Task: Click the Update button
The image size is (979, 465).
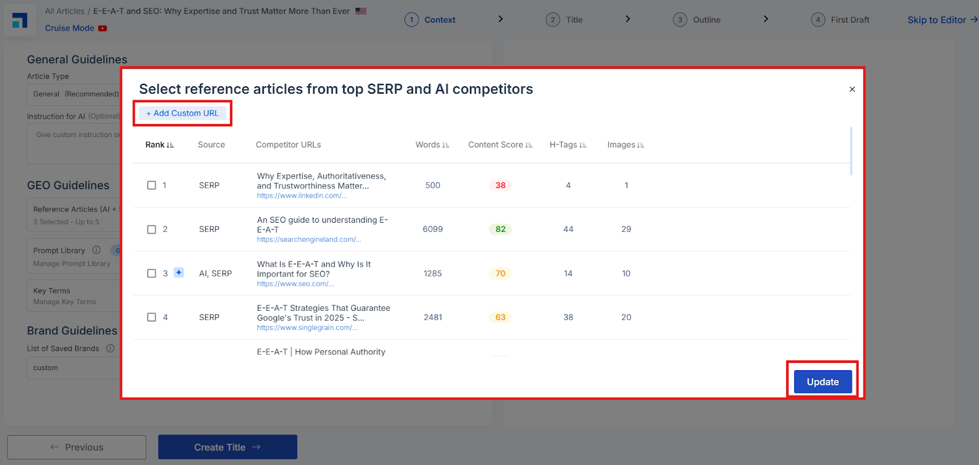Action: (822, 382)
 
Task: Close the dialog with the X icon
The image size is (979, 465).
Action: (852, 89)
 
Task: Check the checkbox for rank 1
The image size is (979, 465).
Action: (152, 185)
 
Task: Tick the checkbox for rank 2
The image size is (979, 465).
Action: (152, 229)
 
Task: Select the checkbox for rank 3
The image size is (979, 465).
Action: (152, 273)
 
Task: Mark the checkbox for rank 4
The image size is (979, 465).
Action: (152, 318)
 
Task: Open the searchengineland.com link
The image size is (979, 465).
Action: (309, 239)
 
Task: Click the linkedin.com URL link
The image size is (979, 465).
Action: (302, 195)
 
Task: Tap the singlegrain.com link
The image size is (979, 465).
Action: (307, 327)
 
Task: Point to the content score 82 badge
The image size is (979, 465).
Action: (501, 229)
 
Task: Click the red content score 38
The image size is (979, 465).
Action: (501, 185)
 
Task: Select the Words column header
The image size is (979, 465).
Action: (432, 144)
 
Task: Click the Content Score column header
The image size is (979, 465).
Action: (500, 144)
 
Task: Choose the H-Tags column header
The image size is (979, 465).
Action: (568, 144)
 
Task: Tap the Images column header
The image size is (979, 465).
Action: (625, 144)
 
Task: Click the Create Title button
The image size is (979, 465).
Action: (228, 447)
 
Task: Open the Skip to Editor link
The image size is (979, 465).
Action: (942, 20)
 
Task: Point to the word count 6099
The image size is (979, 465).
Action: (433, 229)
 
